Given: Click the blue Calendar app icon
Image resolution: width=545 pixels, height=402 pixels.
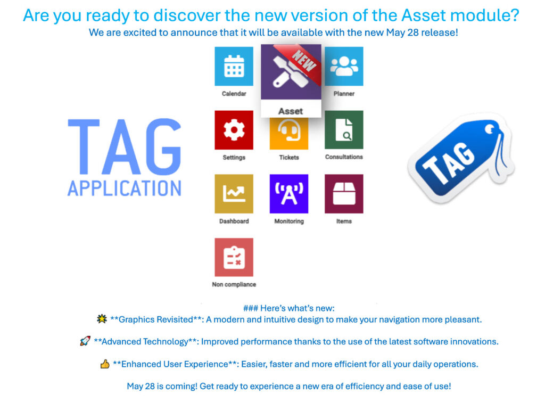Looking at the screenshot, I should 234,66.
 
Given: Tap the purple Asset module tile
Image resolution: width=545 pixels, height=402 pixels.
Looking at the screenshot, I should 291,75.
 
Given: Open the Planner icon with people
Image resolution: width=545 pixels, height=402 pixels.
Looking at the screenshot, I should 344,66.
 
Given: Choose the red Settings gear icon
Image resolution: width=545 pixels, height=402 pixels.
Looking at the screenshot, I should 234,130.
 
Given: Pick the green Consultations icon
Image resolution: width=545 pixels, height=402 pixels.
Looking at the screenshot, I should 344,130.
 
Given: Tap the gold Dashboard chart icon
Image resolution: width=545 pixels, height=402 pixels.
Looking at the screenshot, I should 234,194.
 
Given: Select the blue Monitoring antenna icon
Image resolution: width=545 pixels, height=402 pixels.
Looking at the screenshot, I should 289,194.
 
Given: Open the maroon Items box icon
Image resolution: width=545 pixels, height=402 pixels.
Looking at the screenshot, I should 344,194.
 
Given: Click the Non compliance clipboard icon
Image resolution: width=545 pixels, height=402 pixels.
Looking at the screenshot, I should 234,257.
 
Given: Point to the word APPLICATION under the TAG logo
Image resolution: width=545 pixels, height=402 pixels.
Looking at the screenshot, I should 124,188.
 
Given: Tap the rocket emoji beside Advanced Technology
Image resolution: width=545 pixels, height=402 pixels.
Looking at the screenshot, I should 85,341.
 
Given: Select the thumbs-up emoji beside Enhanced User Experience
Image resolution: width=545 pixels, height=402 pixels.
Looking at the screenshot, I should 105,364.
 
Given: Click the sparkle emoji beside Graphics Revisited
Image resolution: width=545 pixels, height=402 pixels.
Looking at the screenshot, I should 102,319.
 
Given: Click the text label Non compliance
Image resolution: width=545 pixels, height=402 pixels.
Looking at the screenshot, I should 234,284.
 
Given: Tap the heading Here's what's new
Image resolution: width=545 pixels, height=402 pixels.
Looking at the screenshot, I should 288,308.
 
